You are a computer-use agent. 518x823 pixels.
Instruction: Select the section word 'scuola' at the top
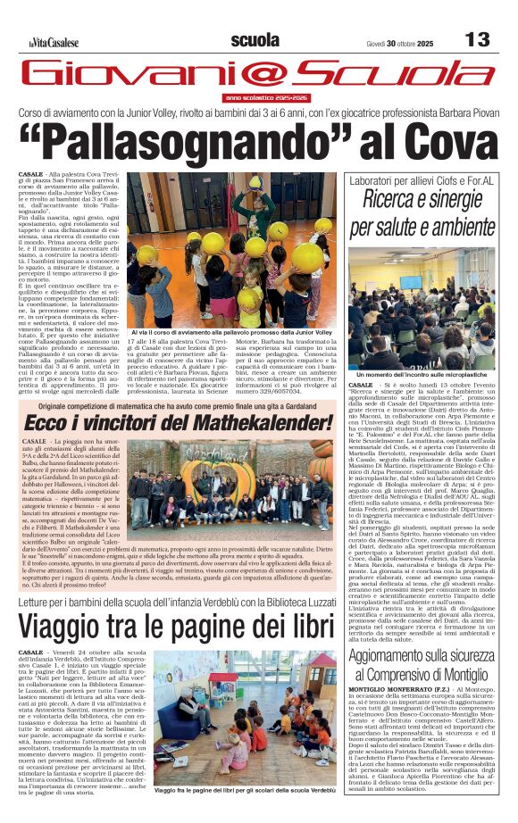coord(255,39)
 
